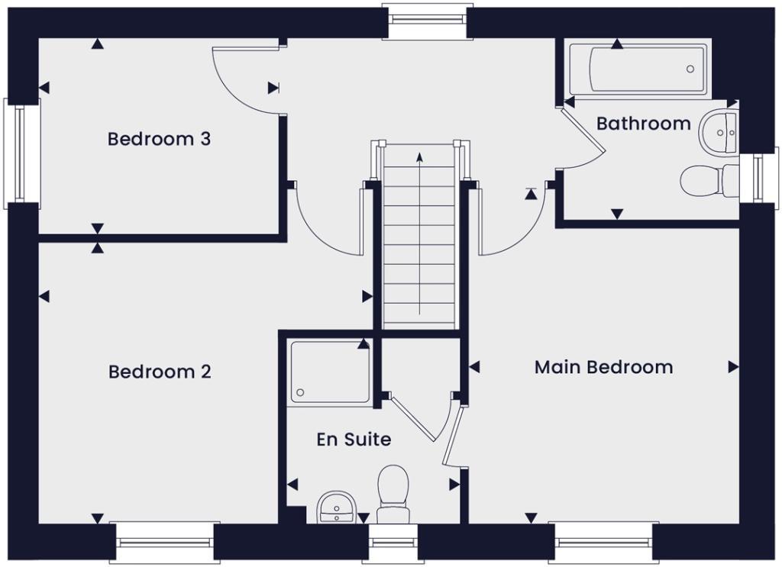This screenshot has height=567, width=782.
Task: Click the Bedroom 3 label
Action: pos(159,140)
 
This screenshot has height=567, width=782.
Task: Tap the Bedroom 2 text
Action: pos(160,372)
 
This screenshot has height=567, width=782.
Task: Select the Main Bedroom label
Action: pos(603,367)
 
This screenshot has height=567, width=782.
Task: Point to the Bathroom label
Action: pos(643,124)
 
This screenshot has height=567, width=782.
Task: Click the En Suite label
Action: pos(354,440)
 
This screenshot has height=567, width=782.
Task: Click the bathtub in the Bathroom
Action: pos(637,69)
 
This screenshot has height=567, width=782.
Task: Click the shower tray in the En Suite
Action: pos(330,371)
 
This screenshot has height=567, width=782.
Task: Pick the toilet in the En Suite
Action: pos(393,488)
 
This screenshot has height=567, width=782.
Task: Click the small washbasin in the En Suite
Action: pos(335,507)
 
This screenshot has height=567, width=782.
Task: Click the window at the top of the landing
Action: pos(427,21)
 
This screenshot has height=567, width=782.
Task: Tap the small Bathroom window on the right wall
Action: pos(756,177)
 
